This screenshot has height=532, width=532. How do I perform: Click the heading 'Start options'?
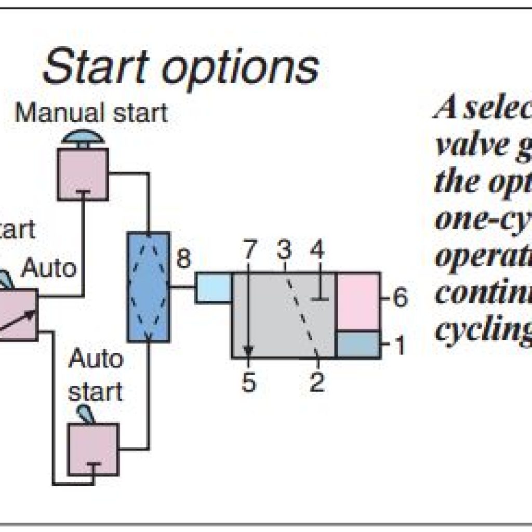(180, 68)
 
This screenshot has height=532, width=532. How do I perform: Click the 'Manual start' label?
(91, 112)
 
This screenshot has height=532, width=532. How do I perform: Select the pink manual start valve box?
(83, 174)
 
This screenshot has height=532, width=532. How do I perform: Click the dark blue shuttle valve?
(149, 287)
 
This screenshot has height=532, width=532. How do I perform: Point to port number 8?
(183, 258)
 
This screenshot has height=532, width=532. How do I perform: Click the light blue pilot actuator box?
(213, 287)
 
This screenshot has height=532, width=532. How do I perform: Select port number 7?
(249, 251)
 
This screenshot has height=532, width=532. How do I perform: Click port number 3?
(283, 251)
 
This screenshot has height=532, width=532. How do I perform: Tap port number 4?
(316, 251)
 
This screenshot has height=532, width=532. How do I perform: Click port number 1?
(400, 345)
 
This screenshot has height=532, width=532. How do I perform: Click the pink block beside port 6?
(358, 301)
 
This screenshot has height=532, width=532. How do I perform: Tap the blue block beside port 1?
(358, 344)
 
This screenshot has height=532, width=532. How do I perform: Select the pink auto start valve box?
(94, 448)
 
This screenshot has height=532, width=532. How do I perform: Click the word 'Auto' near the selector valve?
(50, 269)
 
